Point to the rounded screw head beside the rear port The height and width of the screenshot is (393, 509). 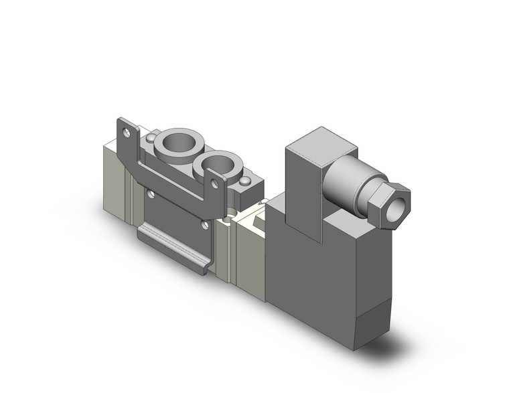click(153, 138)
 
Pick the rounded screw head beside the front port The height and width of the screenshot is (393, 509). click(247, 182)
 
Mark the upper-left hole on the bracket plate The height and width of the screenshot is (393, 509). click(151, 195)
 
